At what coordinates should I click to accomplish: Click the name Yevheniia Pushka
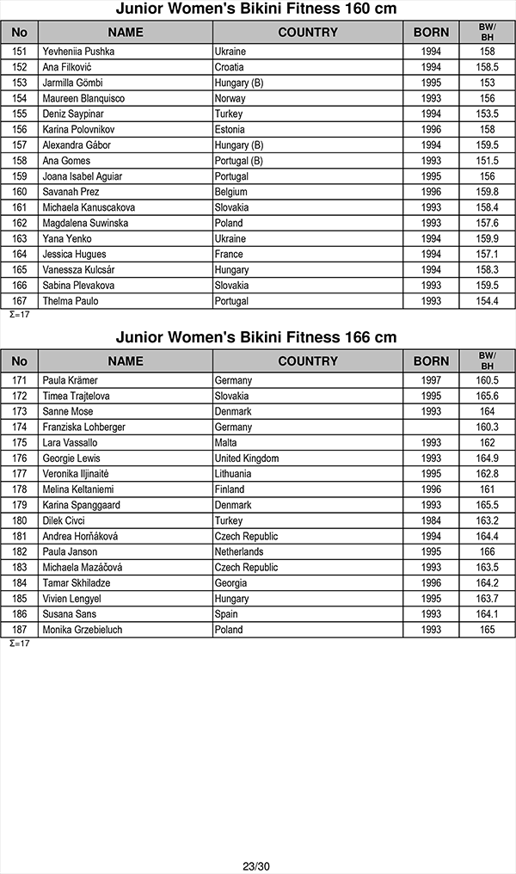[x=78, y=52]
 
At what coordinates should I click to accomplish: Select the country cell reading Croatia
[x=229, y=67]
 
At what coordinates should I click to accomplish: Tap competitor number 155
[x=20, y=114]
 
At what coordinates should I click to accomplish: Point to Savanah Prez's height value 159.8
[x=487, y=192]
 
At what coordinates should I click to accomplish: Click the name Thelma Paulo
[x=71, y=301]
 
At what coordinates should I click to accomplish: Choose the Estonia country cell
[x=230, y=129]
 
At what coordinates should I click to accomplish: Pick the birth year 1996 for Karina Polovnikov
[x=431, y=129]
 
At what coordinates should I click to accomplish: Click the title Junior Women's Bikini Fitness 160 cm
[x=256, y=9]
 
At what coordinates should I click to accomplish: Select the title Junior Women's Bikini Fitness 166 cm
[x=256, y=337]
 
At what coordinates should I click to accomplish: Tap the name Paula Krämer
[x=70, y=380]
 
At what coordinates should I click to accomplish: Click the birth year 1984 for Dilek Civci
[x=431, y=520]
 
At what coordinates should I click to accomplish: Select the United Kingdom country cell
[x=246, y=459]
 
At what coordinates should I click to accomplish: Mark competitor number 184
[x=20, y=583]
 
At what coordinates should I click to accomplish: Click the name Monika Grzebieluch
[x=82, y=630]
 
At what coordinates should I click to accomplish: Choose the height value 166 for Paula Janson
[x=487, y=551]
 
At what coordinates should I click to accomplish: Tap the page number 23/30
[x=256, y=866]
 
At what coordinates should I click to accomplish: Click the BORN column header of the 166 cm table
[x=431, y=361]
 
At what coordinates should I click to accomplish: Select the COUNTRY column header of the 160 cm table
[x=308, y=33]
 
